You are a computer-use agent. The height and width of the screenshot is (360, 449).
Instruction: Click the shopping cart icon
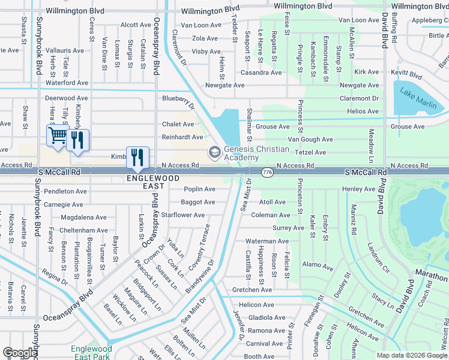[x=58, y=136]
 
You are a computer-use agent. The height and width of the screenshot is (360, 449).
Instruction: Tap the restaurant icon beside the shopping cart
[x=78, y=140]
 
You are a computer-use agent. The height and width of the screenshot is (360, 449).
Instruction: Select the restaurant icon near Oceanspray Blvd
[x=137, y=157]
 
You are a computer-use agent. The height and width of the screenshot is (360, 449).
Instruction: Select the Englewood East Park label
[x=91, y=352]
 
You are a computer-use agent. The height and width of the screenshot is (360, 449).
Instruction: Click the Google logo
[x=19, y=353]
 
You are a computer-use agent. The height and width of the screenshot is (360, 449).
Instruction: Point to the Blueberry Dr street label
[x=179, y=101]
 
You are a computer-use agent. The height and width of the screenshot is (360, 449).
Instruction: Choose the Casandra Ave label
[x=261, y=73]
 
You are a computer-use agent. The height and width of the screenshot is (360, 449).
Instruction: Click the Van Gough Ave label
[x=310, y=139]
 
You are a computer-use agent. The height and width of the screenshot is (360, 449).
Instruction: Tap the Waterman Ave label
[x=267, y=241]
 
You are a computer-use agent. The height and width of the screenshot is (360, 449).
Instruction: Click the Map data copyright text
[x=411, y=355]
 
